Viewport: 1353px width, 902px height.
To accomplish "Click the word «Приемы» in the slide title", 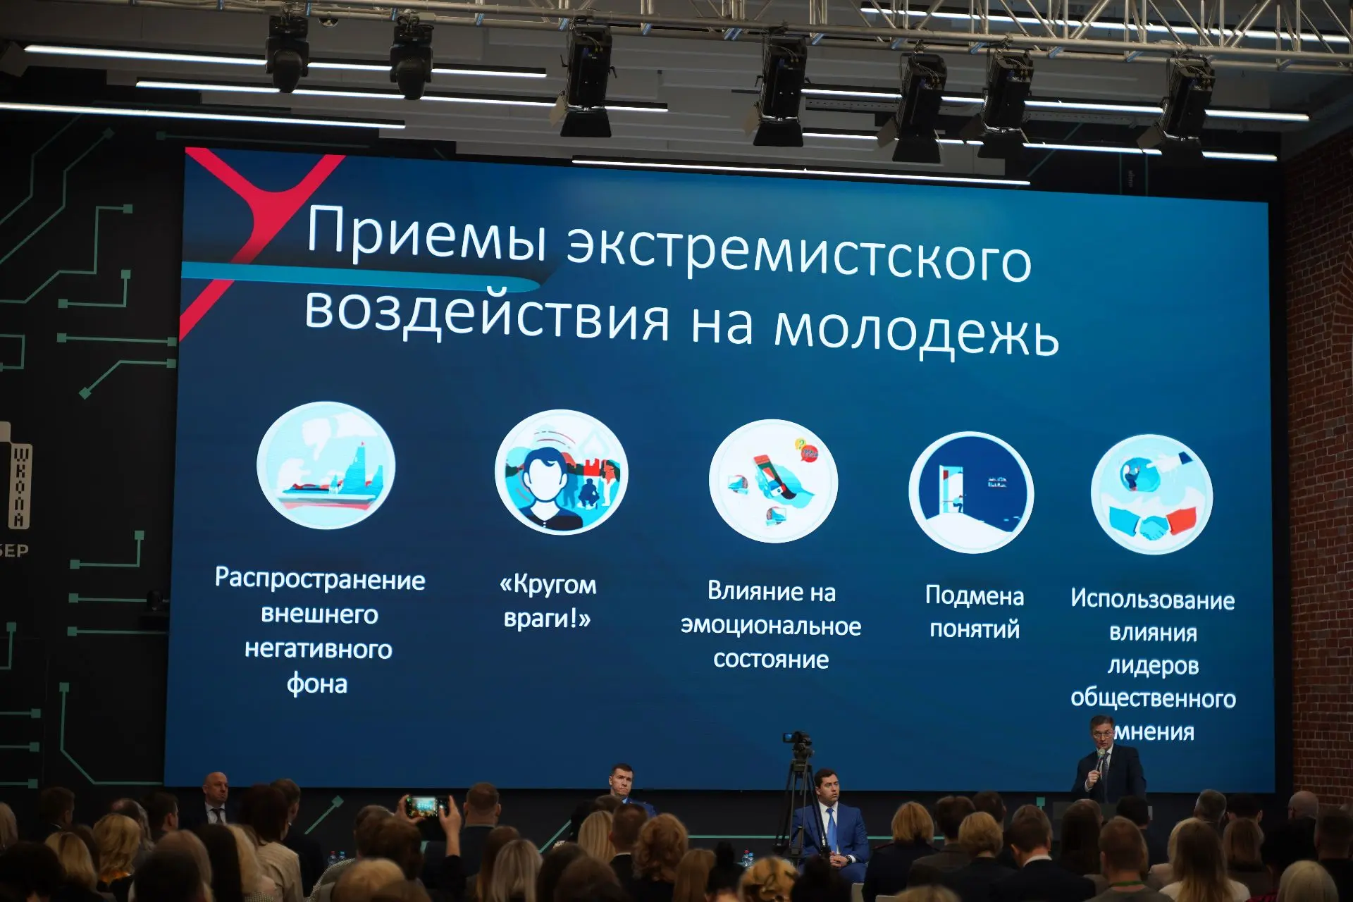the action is (427, 234).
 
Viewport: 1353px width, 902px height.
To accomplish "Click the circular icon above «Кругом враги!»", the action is (562, 472).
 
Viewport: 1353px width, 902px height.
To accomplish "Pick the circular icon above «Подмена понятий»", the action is (972, 492).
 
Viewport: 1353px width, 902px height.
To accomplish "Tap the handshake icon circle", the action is (1152, 494).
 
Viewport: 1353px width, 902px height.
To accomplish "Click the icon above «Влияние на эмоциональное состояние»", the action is (774, 481).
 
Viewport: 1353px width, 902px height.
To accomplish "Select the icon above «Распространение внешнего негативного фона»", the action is (326, 465).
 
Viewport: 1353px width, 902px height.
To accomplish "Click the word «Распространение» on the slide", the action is (320, 579).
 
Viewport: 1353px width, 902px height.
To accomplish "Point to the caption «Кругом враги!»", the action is (548, 601).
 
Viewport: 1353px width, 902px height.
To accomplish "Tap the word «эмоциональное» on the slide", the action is (771, 626).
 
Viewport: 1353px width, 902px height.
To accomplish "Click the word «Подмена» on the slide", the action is (975, 595).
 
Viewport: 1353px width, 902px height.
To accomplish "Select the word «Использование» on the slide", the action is (1153, 599).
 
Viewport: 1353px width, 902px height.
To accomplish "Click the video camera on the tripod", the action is (798, 741).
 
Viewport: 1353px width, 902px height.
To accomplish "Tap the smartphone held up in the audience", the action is (427, 806).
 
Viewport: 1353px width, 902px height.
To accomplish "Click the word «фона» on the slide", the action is (317, 684).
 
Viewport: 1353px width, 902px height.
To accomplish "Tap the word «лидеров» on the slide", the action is (1154, 665).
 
